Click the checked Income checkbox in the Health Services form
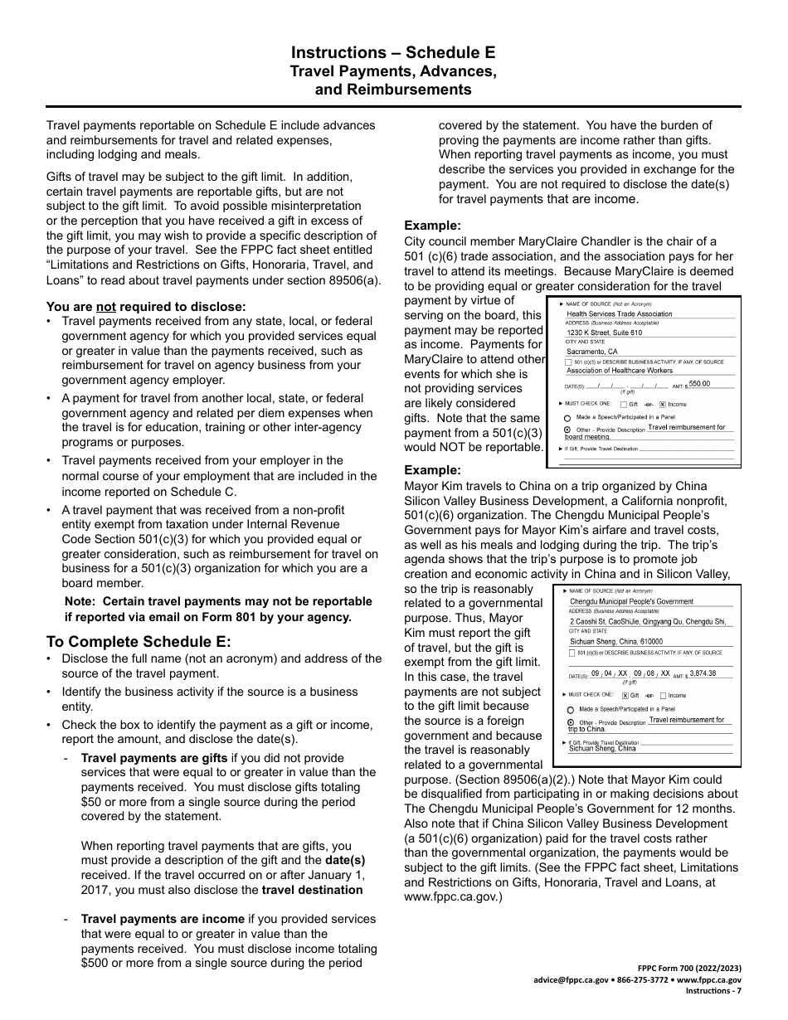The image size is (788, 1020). (663, 405)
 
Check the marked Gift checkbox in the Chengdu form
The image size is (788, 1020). (625, 696)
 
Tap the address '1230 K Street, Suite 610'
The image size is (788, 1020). (604, 333)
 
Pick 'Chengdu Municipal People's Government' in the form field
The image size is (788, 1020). (631, 601)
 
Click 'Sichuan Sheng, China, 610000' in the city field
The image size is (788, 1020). (615, 641)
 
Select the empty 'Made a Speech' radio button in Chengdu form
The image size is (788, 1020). (570, 710)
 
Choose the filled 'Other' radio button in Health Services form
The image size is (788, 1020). (567, 430)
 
